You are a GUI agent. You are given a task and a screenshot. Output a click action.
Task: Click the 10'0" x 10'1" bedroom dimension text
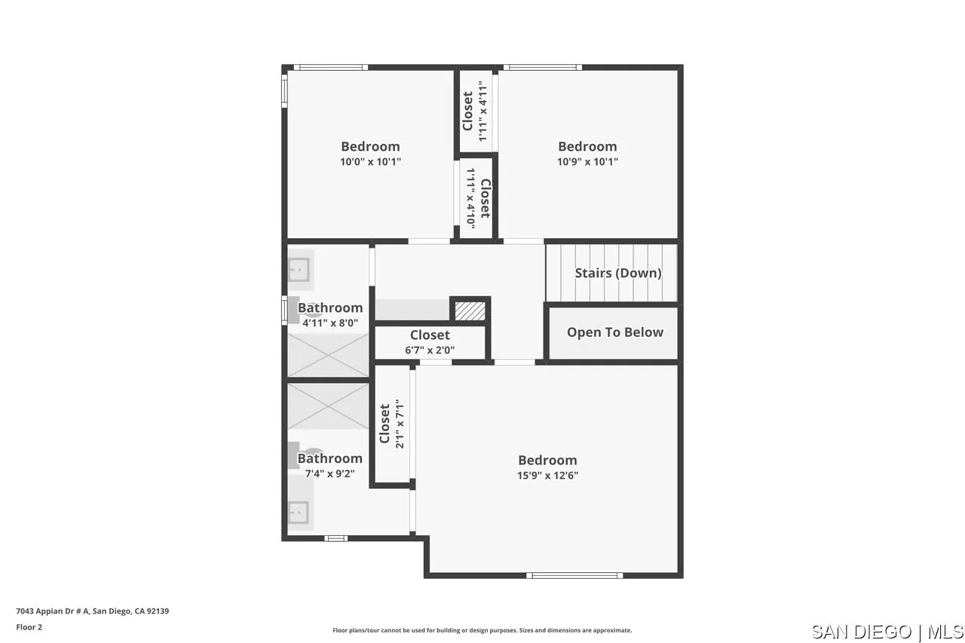(x=370, y=161)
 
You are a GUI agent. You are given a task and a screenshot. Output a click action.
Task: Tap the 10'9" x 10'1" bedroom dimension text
(x=587, y=161)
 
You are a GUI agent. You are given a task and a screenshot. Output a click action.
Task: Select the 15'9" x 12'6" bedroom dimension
(x=547, y=475)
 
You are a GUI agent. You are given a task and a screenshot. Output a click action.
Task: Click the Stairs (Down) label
(x=617, y=273)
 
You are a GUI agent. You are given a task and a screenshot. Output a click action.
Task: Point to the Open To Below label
(x=614, y=332)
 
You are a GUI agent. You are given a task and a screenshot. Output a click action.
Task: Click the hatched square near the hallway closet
(x=470, y=310)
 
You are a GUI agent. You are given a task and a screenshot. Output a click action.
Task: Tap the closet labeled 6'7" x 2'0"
(x=430, y=342)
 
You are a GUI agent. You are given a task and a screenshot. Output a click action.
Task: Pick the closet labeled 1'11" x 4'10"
(x=477, y=198)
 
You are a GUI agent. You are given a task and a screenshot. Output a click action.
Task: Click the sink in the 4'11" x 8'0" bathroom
(x=299, y=269)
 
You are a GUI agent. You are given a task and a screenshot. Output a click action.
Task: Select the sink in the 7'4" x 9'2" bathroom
(x=299, y=513)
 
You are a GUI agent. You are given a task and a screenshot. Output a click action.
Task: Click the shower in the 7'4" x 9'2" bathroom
(x=328, y=406)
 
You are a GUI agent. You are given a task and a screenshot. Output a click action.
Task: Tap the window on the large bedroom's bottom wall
(x=574, y=575)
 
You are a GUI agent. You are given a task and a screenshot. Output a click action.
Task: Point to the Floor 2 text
(x=29, y=627)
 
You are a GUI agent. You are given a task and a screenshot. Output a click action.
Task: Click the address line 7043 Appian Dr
(x=92, y=611)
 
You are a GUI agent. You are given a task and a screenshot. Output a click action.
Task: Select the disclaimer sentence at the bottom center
(x=482, y=630)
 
